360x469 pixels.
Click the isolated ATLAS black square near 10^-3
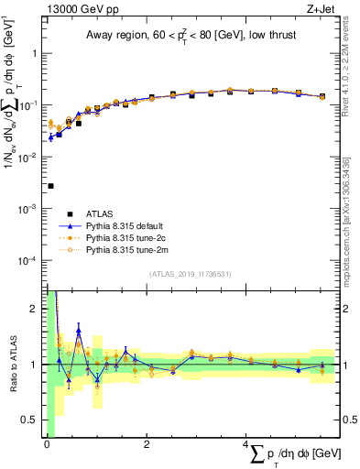click(x=50, y=186)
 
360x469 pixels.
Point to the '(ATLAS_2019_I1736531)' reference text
click(x=191, y=274)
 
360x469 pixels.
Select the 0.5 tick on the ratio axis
click(x=31, y=420)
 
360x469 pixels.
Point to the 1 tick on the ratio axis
click(x=35, y=365)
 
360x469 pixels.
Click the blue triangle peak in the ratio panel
click(x=79, y=331)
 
